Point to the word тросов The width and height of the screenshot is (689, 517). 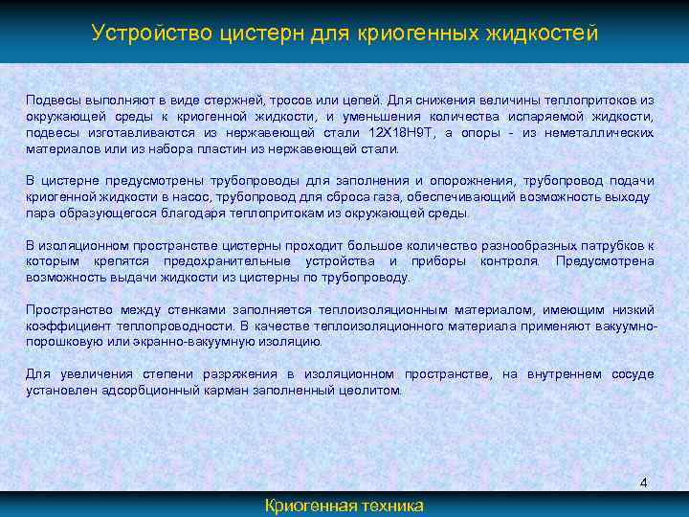click(274, 99)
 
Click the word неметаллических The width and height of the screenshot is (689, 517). click(602, 133)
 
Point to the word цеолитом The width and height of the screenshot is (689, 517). click(376, 391)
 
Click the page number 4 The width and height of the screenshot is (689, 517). click(643, 483)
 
